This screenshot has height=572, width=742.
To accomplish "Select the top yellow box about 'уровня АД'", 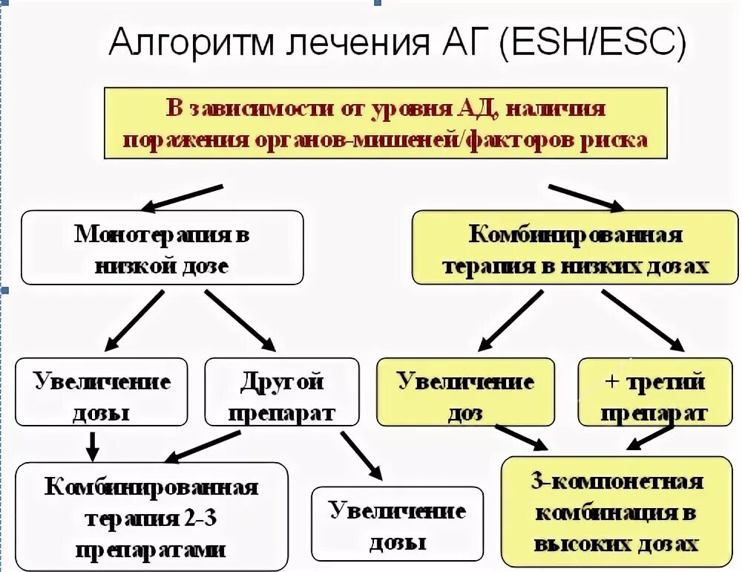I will coord(385,123).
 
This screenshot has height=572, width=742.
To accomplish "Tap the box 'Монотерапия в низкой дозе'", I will coord(162,247).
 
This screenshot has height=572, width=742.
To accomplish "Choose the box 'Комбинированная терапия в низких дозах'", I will coord(575,247).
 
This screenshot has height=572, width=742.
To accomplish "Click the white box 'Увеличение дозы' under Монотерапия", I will coord(102,391).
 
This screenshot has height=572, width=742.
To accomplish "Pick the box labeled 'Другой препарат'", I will coord(281,391).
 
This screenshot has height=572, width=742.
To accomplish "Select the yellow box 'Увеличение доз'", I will coord(465,391).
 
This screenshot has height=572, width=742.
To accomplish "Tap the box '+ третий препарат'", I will coord(654,391).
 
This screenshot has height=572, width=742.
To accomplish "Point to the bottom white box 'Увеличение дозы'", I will coord(397,524).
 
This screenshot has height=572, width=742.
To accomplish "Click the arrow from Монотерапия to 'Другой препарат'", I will coord(240,319).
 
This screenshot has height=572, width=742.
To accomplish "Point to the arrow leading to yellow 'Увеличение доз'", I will coord(512,319).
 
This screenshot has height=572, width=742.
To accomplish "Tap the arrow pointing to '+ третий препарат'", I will coord(643,319).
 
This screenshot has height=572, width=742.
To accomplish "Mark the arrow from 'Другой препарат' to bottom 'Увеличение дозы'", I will coord(361,455).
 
